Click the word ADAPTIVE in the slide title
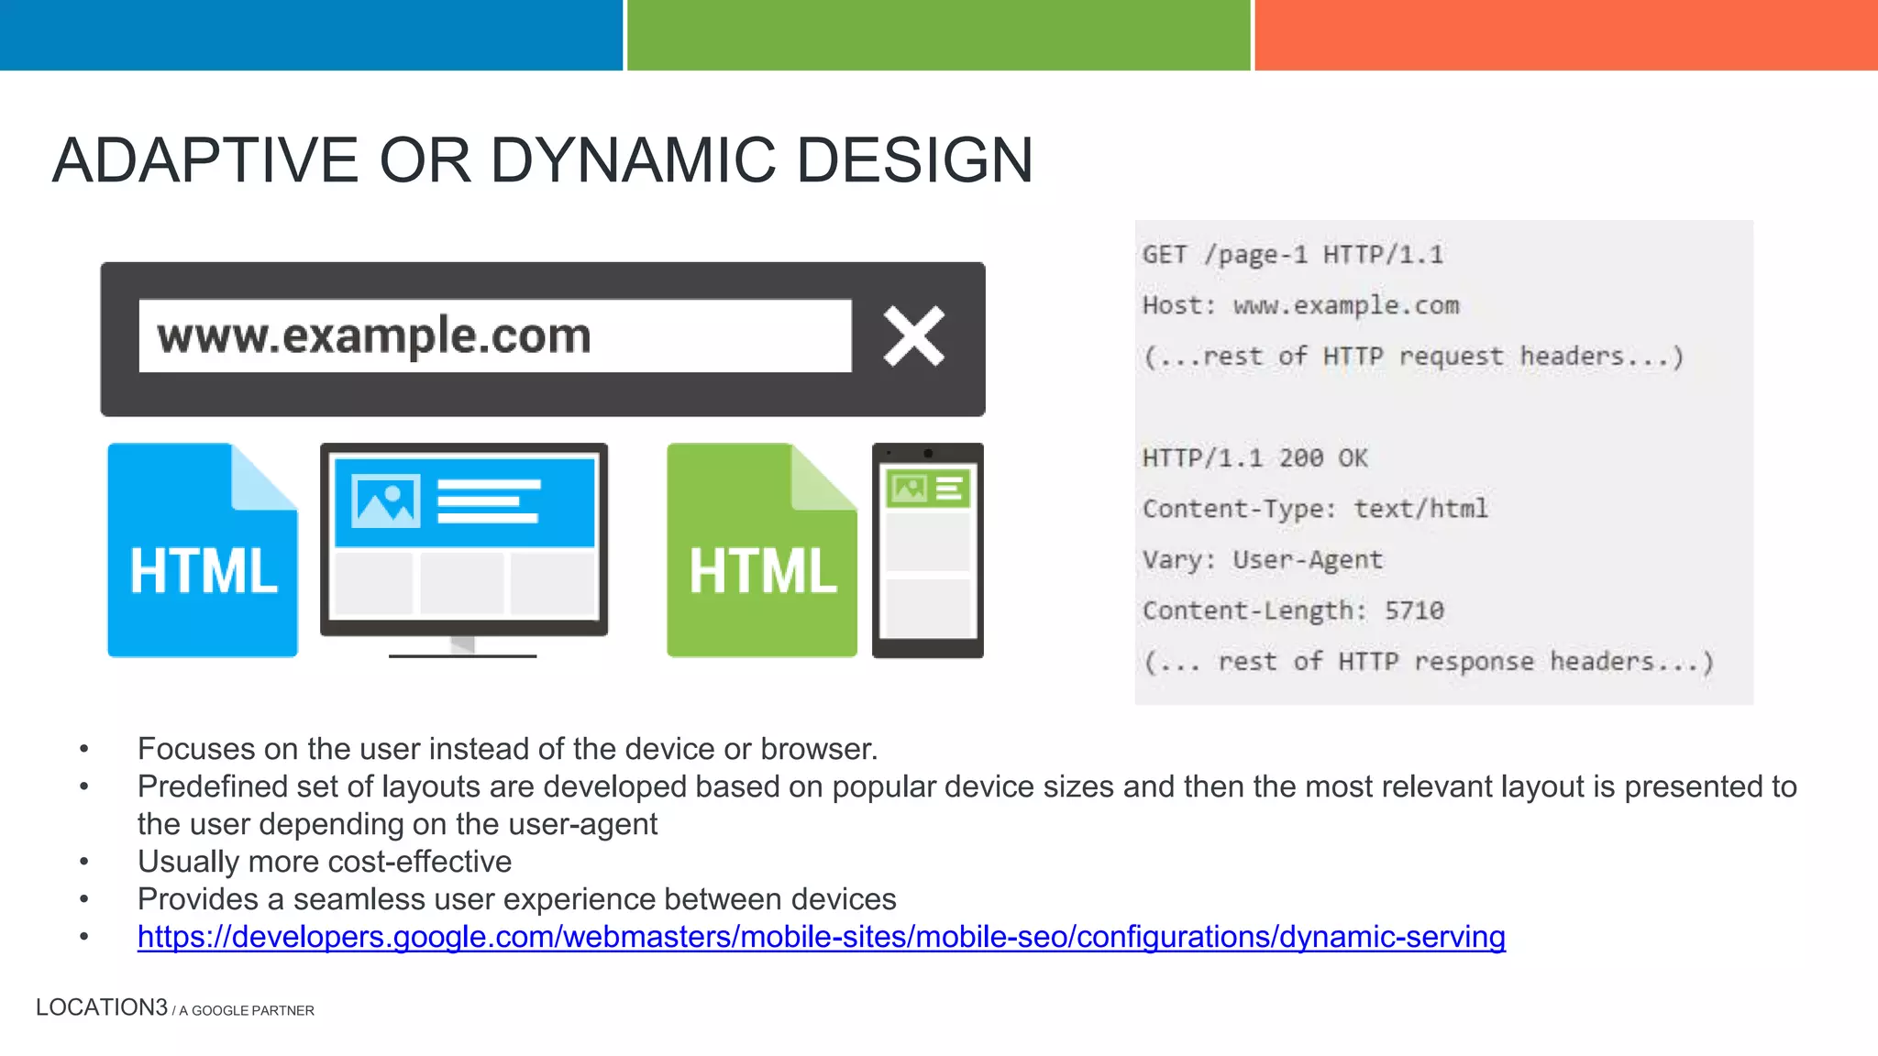point(204,160)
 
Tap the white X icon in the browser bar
point(913,336)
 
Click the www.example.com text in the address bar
point(374,335)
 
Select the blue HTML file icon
point(203,551)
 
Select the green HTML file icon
point(761,551)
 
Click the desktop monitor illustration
point(464,545)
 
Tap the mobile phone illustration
point(927,550)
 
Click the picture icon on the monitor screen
point(387,500)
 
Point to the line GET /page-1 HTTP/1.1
point(1292,255)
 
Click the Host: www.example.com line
point(1300,305)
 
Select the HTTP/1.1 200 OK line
point(1254,457)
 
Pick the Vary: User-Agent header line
point(1262,559)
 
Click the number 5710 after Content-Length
point(1414,610)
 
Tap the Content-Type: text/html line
point(1315,509)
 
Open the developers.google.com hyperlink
point(821,937)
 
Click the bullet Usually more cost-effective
point(325,862)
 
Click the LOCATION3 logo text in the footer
point(102,1007)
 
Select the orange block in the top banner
point(1565,35)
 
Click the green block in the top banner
point(938,35)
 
